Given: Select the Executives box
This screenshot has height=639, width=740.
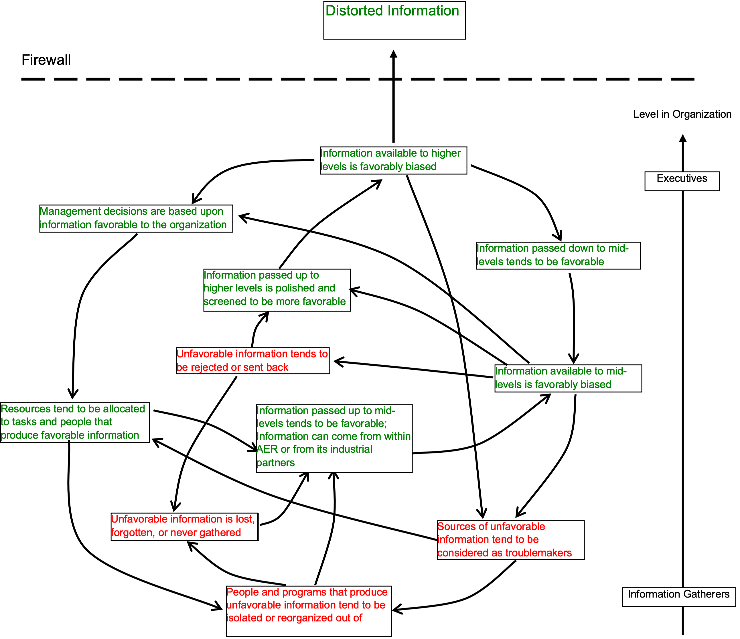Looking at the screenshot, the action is click(x=682, y=181).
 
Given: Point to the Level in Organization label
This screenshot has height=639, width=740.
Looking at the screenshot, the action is click(x=682, y=114).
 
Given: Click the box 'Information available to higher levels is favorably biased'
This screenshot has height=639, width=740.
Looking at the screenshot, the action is click(x=394, y=160).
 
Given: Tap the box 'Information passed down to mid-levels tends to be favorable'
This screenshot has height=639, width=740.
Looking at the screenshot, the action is click(x=558, y=255).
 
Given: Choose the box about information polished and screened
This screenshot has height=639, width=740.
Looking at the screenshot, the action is click(x=277, y=290).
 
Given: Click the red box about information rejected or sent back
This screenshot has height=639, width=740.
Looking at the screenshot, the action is click(x=252, y=361).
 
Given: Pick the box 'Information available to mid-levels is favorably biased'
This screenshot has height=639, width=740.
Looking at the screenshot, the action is click(x=568, y=378).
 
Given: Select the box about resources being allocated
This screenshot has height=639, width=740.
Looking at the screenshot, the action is click(x=75, y=423).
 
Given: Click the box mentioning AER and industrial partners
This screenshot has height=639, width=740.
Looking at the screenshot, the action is click(x=334, y=438).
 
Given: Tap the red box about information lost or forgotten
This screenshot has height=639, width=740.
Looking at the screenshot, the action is click(x=184, y=527).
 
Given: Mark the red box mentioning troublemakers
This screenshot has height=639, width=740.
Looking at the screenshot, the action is click(x=511, y=540).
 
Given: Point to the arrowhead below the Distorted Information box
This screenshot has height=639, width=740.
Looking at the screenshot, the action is click(x=394, y=54).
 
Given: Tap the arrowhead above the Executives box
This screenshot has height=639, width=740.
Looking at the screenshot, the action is click(x=682, y=138).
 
